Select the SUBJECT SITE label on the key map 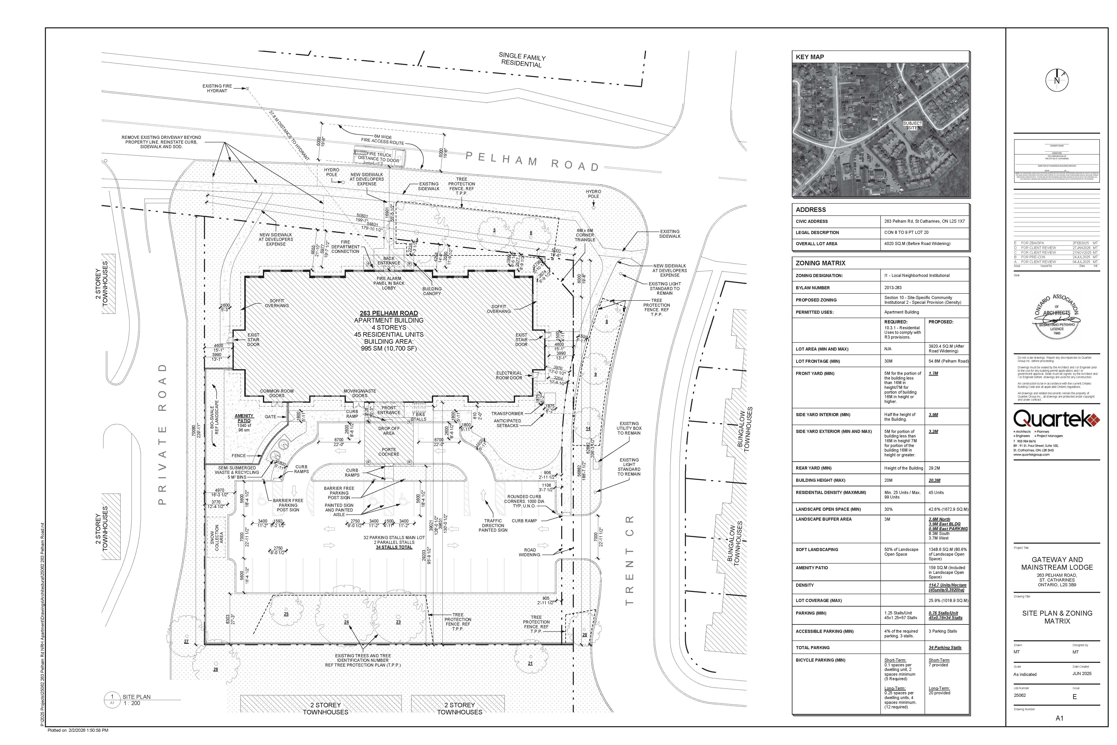(912, 125)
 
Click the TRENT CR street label (629, 561)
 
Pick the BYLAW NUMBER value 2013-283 (893, 288)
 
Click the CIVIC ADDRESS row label (812, 221)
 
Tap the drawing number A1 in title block (1059, 718)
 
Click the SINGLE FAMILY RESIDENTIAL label (521, 60)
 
